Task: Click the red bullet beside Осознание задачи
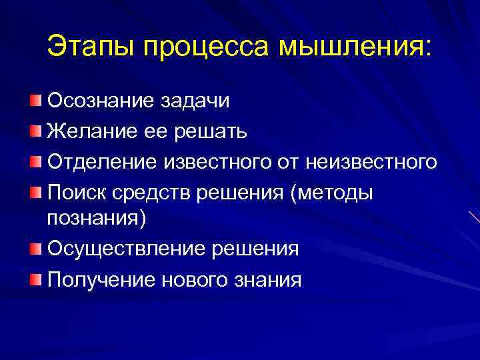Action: [x=35, y=100]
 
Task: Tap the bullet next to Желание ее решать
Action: [x=35, y=130]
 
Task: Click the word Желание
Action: [x=90, y=131]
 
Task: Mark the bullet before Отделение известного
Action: [x=35, y=160]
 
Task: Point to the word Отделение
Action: [x=98, y=162]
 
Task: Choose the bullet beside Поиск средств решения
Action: [x=35, y=191]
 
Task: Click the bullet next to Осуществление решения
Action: [x=35, y=248]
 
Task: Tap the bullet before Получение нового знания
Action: [x=35, y=278]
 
